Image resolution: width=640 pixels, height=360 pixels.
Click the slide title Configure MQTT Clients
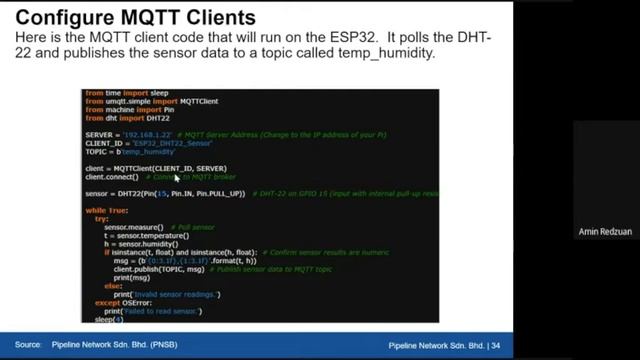click(136, 18)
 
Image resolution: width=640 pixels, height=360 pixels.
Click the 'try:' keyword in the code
click(102, 219)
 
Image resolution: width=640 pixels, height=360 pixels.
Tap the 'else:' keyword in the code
click(114, 286)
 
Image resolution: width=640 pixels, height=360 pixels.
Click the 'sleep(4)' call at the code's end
click(109, 320)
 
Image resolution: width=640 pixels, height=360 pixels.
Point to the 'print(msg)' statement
click(131, 277)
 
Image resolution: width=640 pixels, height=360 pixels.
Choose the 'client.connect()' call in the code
click(112, 177)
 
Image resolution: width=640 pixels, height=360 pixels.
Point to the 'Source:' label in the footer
click(28, 345)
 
